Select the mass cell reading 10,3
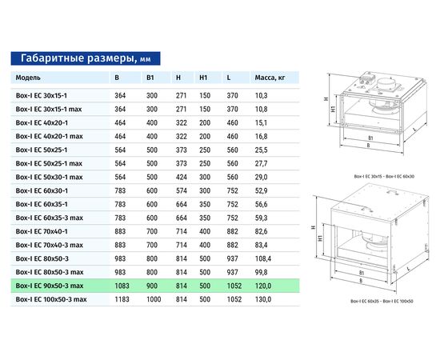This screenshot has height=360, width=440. (x=261, y=95)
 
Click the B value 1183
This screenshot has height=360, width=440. (x=122, y=298)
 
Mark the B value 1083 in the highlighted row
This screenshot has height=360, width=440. (x=122, y=285)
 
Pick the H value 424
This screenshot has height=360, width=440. (x=181, y=177)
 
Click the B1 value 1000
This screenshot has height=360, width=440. (x=152, y=298)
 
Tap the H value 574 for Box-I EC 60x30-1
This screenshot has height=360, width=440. (x=181, y=190)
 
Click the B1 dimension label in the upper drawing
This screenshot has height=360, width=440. (x=369, y=138)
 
